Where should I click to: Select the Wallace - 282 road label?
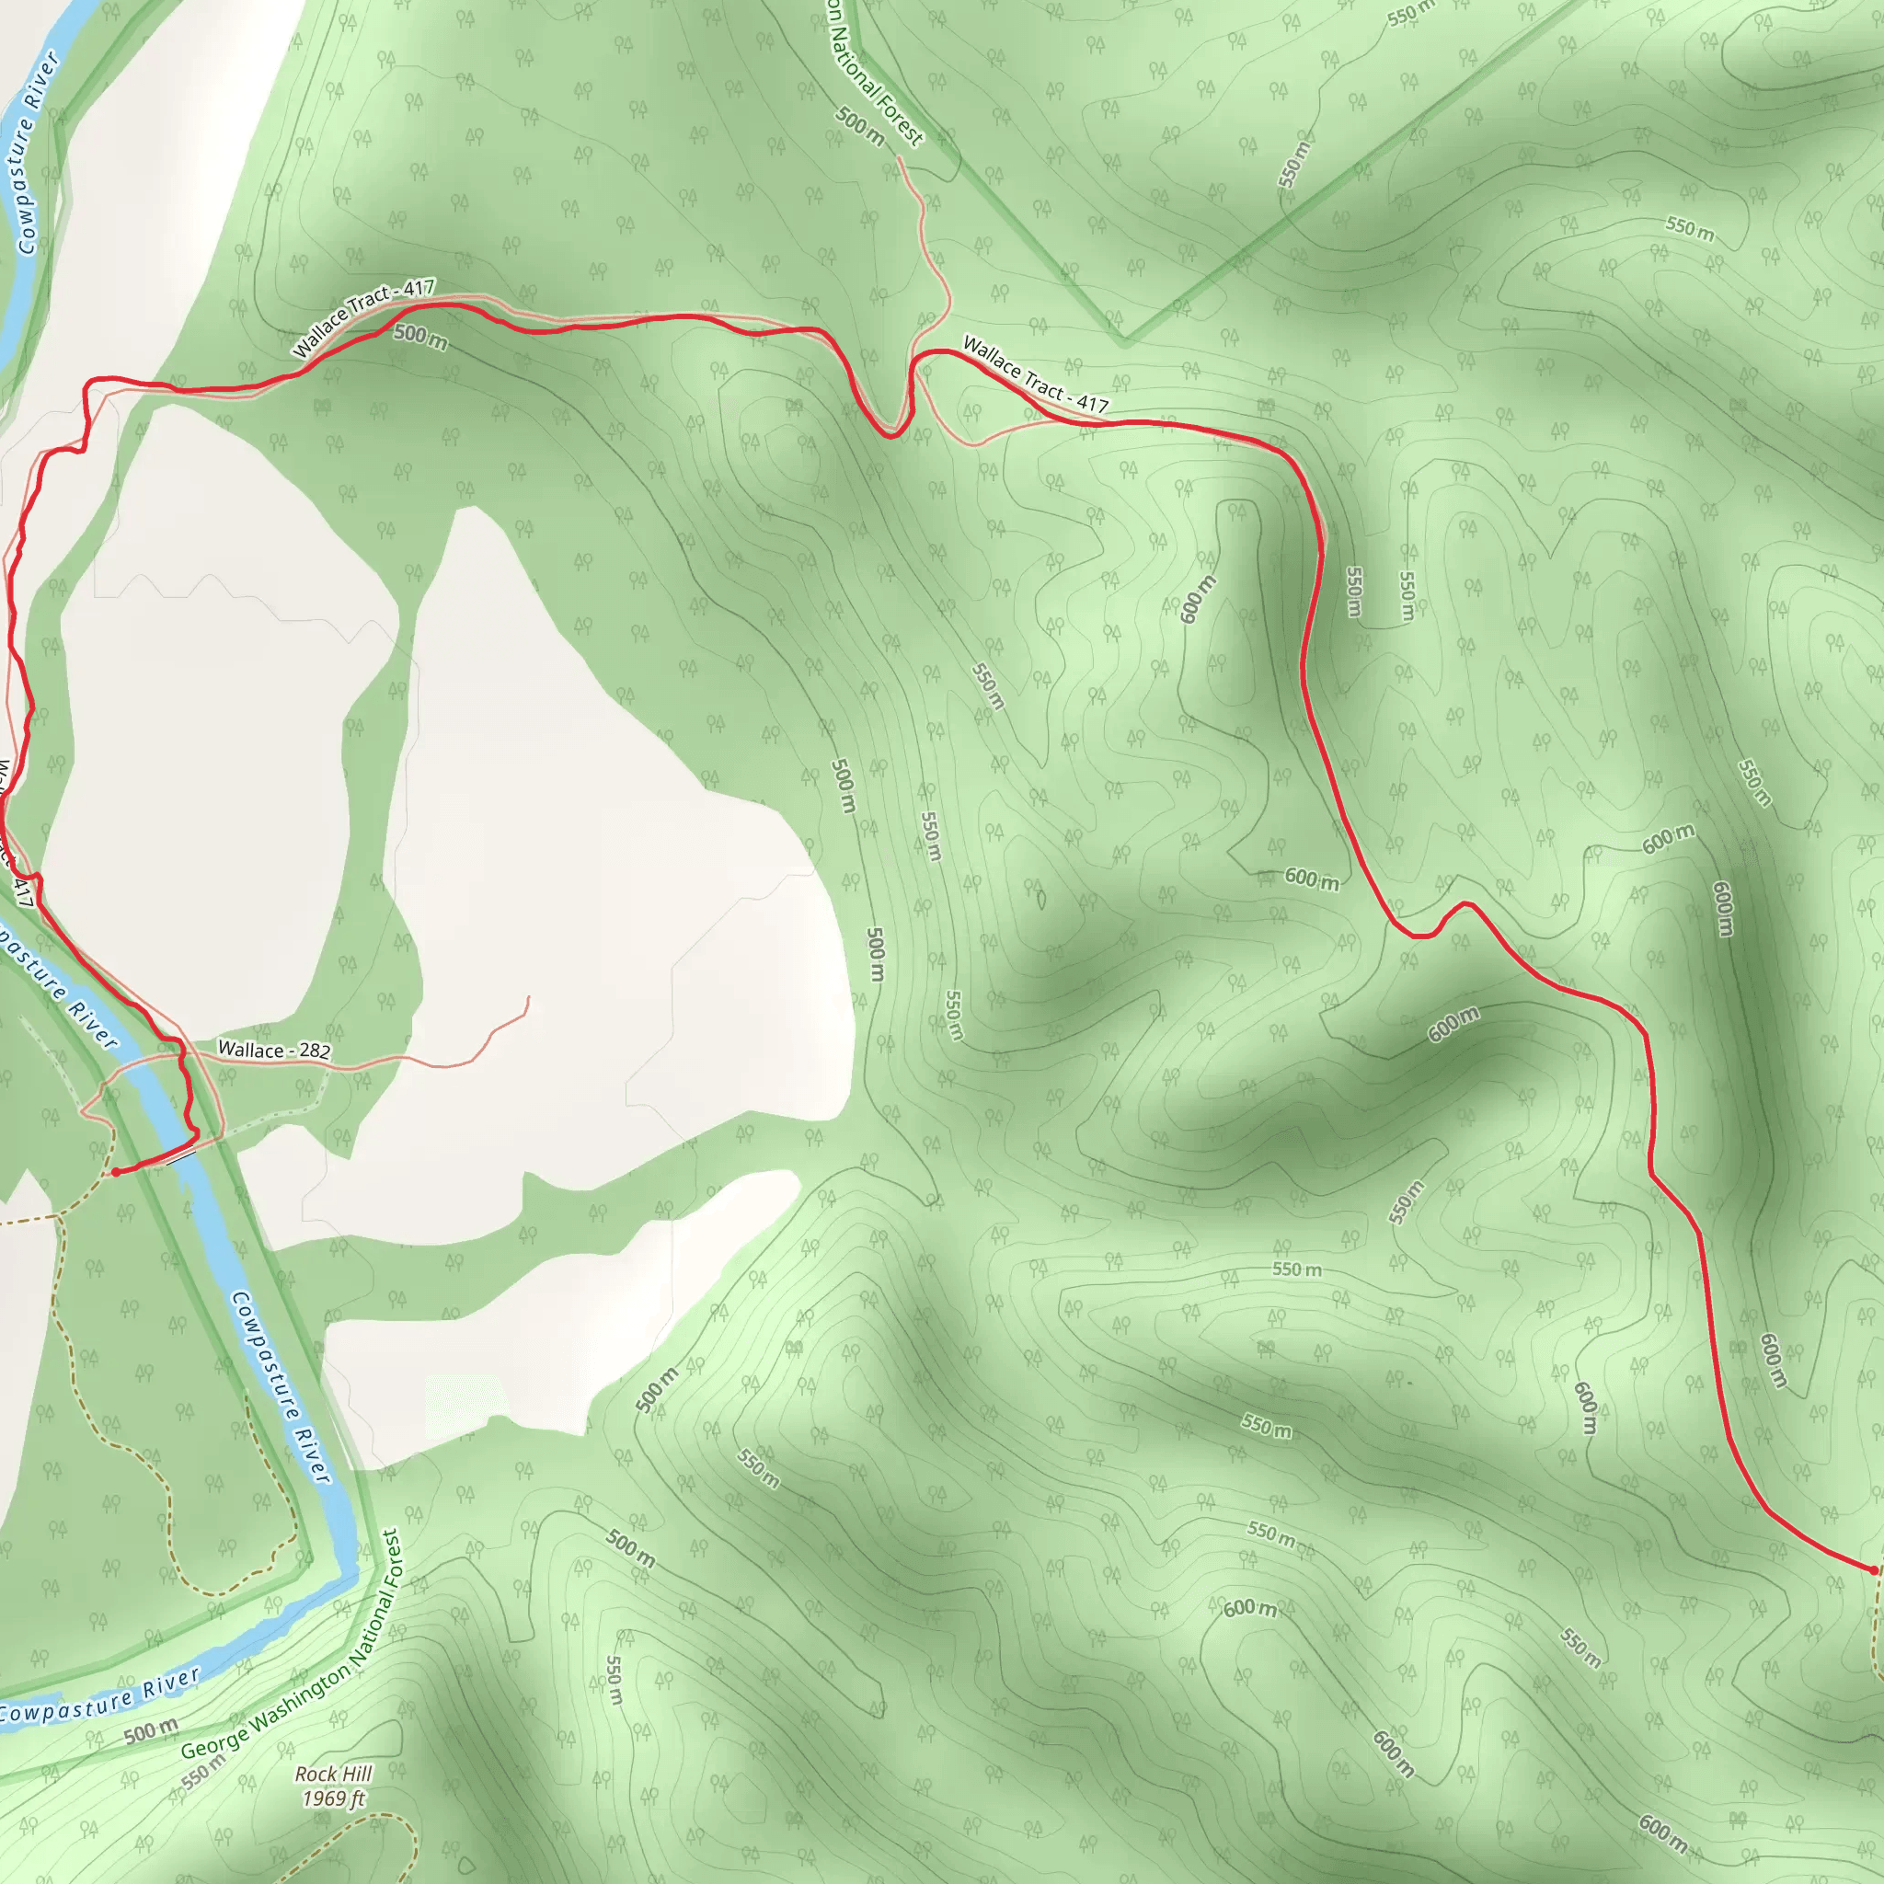pyautogui.click(x=274, y=1050)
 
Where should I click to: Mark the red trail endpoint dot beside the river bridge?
pyautogui.click(x=116, y=1172)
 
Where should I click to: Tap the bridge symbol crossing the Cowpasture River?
pyautogui.click(x=181, y=1157)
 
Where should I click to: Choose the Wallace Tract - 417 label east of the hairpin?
pyautogui.click(x=1035, y=375)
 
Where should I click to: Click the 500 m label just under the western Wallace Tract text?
pyautogui.click(x=420, y=337)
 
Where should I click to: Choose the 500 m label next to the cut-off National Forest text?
pyautogui.click(x=860, y=127)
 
